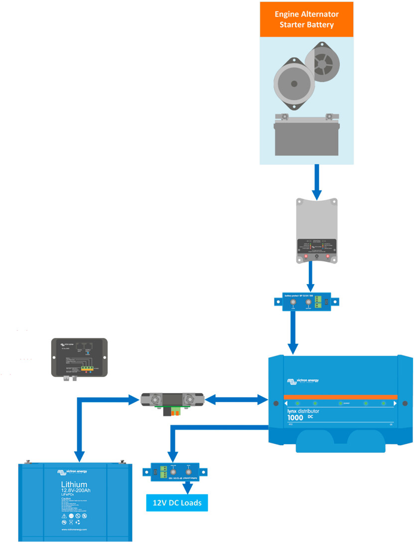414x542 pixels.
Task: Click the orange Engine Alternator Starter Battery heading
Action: click(306, 19)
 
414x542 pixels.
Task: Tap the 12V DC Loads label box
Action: click(177, 503)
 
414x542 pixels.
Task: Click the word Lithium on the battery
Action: click(74, 484)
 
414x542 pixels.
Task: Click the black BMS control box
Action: click(80, 357)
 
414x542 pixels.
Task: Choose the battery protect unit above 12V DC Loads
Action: click(174, 472)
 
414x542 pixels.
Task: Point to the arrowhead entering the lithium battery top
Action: click(79, 457)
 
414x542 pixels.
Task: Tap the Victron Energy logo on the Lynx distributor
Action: click(303, 381)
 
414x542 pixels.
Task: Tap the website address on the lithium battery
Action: click(74, 529)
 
